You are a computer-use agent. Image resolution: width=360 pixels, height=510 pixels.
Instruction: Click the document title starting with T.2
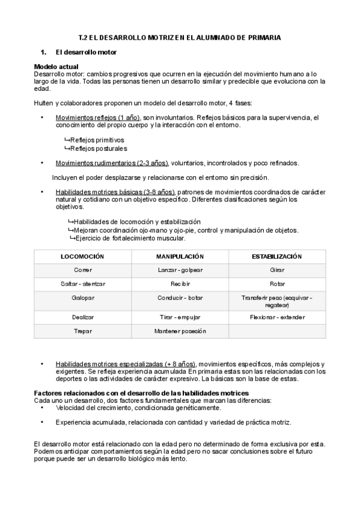pyautogui.click(x=180, y=37)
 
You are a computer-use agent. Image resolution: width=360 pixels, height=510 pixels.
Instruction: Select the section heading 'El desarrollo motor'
pyautogui.click(x=90, y=53)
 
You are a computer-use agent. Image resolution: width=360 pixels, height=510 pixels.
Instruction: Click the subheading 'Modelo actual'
pyautogui.click(x=56, y=66)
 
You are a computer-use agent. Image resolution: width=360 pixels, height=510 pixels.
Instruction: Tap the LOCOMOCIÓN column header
pyautogui.click(x=83, y=257)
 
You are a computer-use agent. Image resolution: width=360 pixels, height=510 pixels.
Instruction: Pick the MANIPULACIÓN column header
pyautogui.click(x=180, y=257)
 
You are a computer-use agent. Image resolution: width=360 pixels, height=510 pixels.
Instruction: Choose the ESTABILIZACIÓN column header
pyautogui.click(x=277, y=257)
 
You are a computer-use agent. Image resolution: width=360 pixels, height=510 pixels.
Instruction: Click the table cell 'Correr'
pyautogui.click(x=83, y=271)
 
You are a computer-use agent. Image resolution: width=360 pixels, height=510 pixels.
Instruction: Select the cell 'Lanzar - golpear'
pyautogui.click(x=180, y=271)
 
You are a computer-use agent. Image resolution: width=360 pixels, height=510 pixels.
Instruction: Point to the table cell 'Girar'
pyautogui.click(x=277, y=271)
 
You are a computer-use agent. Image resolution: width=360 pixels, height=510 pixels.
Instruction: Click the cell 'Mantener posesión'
pyautogui.click(x=180, y=331)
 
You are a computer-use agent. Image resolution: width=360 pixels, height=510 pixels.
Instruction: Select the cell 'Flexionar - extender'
pyautogui.click(x=277, y=316)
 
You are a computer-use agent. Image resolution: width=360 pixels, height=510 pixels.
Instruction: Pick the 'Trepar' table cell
pyautogui.click(x=83, y=331)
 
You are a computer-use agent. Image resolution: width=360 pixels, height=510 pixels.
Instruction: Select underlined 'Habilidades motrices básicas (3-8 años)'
pyautogui.click(x=115, y=192)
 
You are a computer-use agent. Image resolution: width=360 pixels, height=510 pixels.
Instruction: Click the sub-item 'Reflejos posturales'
pyautogui.click(x=98, y=148)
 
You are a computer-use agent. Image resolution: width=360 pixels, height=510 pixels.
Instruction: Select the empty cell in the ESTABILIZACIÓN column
pyautogui.click(x=277, y=331)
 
